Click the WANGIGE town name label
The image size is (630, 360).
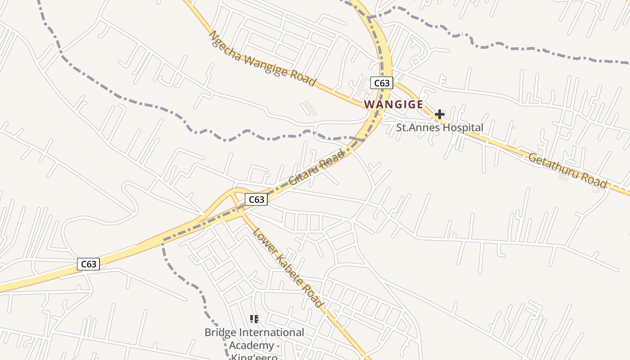pyautogui.click(x=393, y=104)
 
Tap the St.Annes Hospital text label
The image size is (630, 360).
pyautogui.click(x=440, y=128)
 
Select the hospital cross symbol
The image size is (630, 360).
pyautogui.click(x=440, y=114)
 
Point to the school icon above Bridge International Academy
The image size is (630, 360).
pyautogui.click(x=254, y=319)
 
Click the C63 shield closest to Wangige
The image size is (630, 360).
pyautogui.click(x=382, y=83)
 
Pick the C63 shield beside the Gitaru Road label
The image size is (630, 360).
pyautogui.click(x=256, y=199)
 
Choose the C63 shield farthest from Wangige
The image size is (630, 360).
pyautogui.click(x=88, y=264)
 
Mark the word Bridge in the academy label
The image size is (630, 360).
pyautogui.click(x=220, y=333)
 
